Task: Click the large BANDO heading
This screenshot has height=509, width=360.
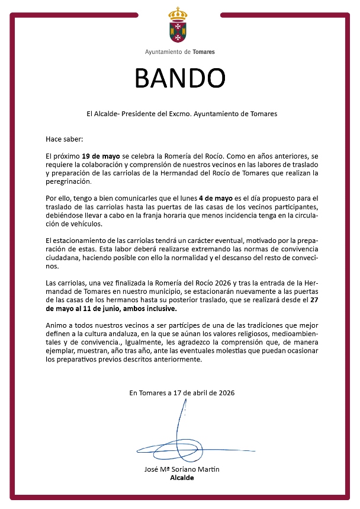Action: click(180, 77)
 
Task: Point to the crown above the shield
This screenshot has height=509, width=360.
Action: click(180, 12)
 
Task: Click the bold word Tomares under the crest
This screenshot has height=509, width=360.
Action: click(204, 52)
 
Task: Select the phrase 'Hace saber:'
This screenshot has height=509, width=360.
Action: click(65, 139)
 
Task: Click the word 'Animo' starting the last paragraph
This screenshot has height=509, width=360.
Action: click(56, 326)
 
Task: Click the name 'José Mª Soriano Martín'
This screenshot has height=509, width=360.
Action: click(182, 469)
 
